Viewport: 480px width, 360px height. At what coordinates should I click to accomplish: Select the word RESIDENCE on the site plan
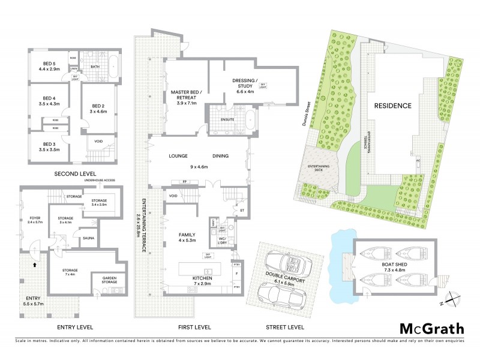[x=393, y=106]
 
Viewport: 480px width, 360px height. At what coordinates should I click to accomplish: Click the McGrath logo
[x=432, y=329]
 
